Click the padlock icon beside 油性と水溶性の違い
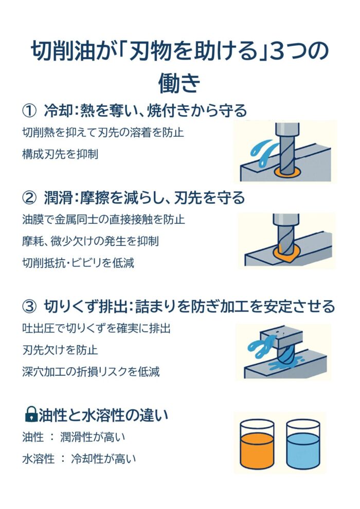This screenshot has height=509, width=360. (x=31, y=414)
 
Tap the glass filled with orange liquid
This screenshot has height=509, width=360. (x=257, y=444)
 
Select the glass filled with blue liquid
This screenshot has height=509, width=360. (x=303, y=444)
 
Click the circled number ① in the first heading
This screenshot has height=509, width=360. (x=29, y=111)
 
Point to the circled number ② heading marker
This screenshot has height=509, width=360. (x=29, y=198)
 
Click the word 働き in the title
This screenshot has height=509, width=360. (x=179, y=82)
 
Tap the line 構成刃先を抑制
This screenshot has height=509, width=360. (x=60, y=154)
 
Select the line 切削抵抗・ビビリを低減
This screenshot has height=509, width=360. (x=78, y=263)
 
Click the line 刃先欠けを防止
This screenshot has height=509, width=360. (x=60, y=350)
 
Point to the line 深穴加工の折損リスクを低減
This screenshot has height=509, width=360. (x=91, y=371)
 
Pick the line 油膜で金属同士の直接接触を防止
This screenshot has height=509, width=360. (x=103, y=220)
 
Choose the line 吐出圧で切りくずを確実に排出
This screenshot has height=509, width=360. (x=96, y=328)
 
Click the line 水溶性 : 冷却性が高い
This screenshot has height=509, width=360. (x=79, y=459)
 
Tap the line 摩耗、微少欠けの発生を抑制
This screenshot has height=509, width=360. (x=90, y=241)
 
